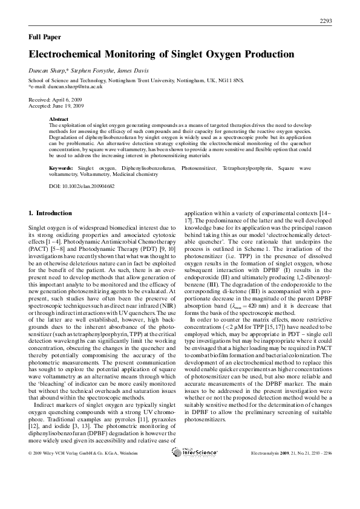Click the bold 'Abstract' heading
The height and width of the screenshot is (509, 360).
[59, 120]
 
